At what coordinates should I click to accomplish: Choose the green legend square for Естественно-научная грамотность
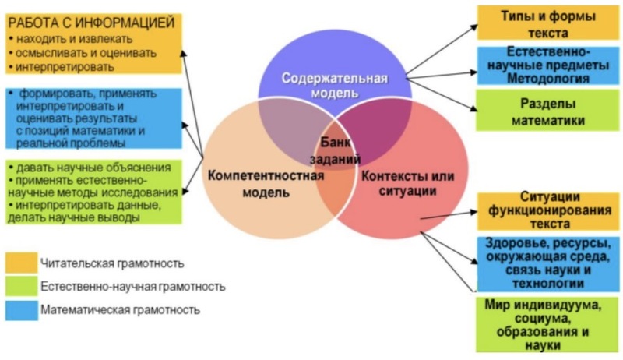coord(21,287)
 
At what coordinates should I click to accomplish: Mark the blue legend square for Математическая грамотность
coord(21,310)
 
